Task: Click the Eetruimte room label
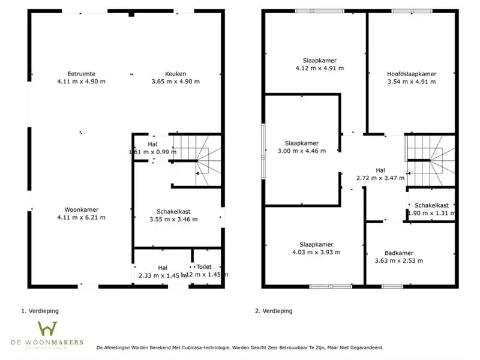[x=82, y=74]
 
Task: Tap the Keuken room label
[x=175, y=74]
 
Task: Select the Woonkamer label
[x=82, y=209]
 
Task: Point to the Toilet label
[x=205, y=267]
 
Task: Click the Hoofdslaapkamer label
[x=412, y=74]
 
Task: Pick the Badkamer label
[x=398, y=253]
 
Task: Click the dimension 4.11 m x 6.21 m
[x=82, y=217]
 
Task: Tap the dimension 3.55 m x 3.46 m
[x=173, y=220]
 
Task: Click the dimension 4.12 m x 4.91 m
[x=319, y=68]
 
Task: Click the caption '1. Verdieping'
[x=40, y=311]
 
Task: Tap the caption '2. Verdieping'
[x=274, y=311]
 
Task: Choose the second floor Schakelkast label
[x=431, y=205]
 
